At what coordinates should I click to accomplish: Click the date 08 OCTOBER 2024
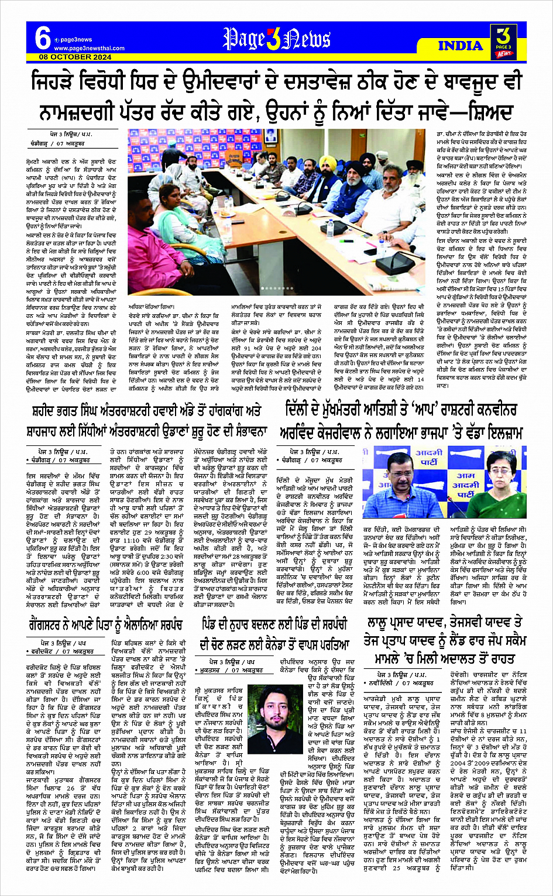tap(75, 57)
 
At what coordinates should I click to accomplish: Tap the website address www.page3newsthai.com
tap(89, 48)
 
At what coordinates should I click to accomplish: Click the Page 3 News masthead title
tap(276, 40)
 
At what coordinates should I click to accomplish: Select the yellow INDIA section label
tap(461, 46)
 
